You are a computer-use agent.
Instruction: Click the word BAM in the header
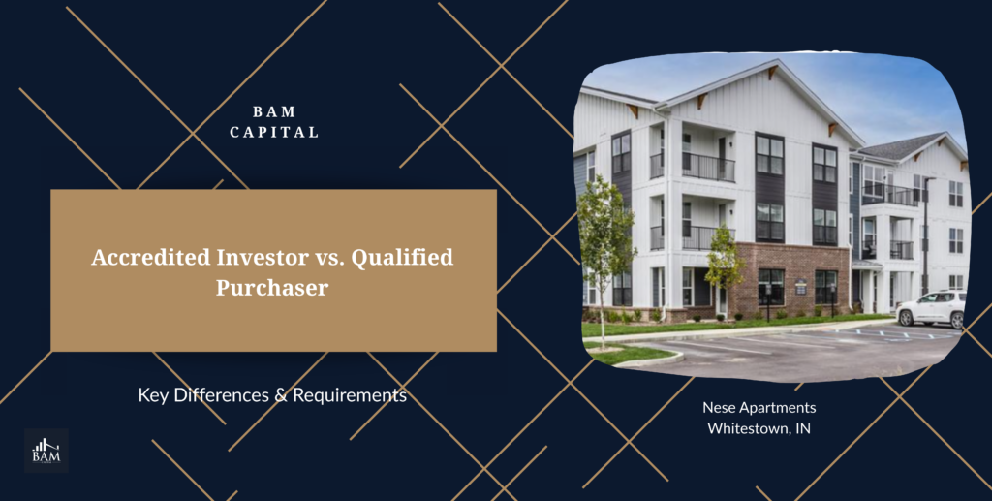pos(274,112)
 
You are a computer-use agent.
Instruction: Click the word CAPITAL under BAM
pos(274,132)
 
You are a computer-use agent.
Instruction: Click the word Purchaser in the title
pos(273,287)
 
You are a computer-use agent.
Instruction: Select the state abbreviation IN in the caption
pos(801,427)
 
